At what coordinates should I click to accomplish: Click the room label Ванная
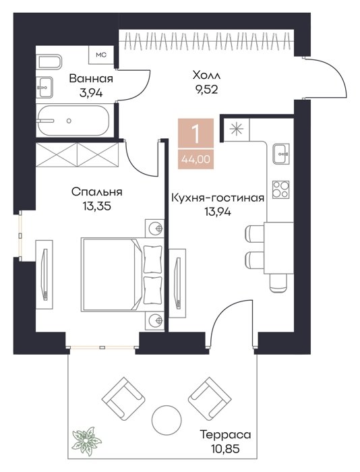click(91, 79)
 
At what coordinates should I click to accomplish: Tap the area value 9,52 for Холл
click(206, 90)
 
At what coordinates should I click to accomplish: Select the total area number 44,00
click(196, 158)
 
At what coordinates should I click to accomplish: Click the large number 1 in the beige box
click(196, 134)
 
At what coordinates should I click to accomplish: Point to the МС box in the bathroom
click(101, 55)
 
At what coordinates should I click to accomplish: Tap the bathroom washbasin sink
click(44, 87)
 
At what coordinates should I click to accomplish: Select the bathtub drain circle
click(69, 121)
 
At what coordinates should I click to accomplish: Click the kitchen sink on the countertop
click(281, 154)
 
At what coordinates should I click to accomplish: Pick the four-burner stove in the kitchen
click(281, 189)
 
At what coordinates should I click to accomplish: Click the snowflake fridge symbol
click(236, 129)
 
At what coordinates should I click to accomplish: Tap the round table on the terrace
click(167, 420)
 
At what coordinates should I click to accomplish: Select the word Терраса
click(225, 435)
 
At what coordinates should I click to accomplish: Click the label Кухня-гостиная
click(218, 198)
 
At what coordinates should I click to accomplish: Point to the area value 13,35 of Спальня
click(96, 206)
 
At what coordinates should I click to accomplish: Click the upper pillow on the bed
click(152, 259)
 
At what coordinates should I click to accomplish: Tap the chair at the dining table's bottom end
click(278, 283)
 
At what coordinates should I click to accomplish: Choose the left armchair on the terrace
click(123, 399)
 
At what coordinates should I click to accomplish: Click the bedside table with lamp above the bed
click(154, 229)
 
